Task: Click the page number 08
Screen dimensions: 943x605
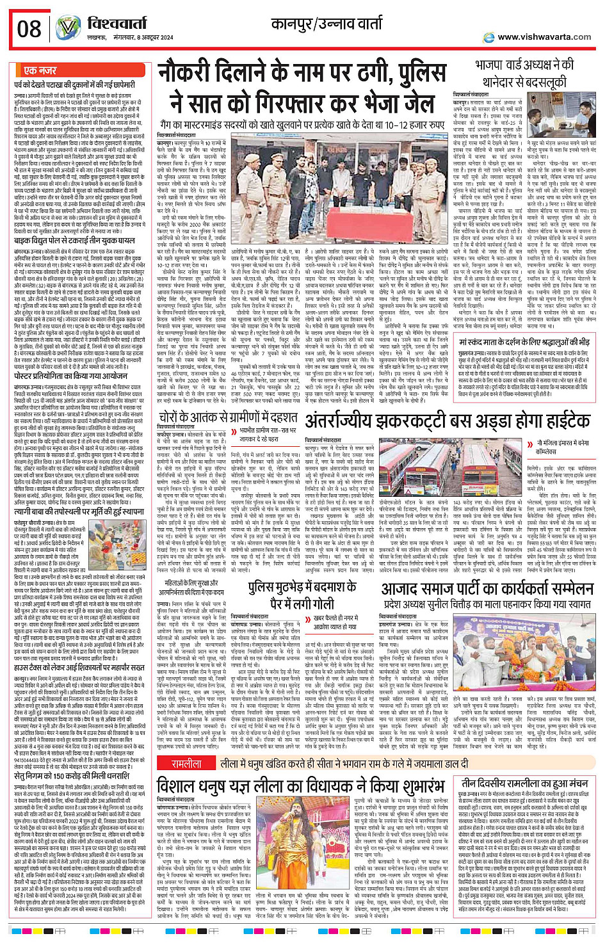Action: click(29, 28)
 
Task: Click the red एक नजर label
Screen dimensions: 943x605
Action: click(40, 70)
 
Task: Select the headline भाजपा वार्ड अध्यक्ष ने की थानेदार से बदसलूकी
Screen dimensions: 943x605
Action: click(524, 73)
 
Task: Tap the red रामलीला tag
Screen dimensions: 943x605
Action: click(186, 764)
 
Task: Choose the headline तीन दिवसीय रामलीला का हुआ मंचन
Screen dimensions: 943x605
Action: click(525, 782)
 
